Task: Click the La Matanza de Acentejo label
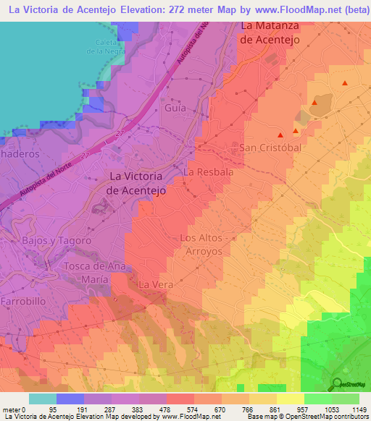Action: point(269,33)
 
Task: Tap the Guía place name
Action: point(175,108)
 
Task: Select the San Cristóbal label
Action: point(270,148)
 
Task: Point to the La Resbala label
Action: point(209,172)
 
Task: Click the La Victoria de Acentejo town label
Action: point(137,183)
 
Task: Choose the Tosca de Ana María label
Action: point(97,272)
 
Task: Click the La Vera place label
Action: point(155,284)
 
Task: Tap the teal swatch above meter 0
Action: point(42,399)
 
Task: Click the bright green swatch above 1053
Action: point(317,399)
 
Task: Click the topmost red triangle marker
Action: point(344,83)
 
